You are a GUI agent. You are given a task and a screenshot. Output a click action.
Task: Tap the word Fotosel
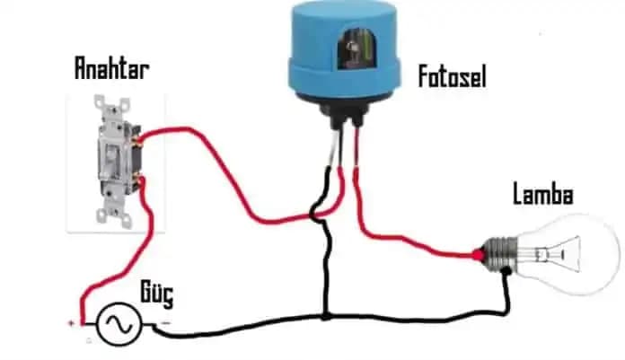tap(452, 76)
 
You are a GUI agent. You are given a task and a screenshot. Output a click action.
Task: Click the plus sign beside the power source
tap(71, 322)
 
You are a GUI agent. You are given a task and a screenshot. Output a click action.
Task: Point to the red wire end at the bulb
tap(477, 256)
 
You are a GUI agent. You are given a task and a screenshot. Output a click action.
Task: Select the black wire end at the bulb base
tap(506, 275)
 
